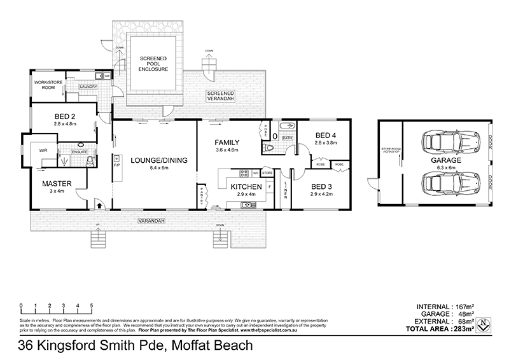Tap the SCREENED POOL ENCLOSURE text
153,64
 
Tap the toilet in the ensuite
89,160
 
